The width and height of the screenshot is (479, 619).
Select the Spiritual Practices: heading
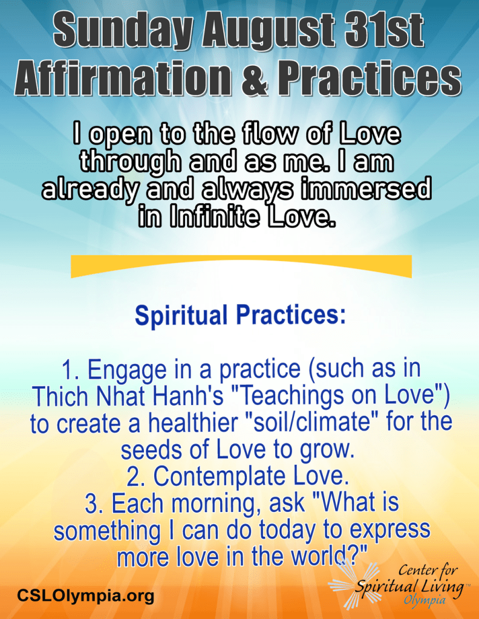coord(241,315)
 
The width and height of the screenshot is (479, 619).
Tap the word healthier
coord(192,423)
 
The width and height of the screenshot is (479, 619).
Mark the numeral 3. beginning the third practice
coord(95,504)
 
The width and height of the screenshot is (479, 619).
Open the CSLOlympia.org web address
coord(85,595)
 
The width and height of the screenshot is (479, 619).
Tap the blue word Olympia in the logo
coord(424,601)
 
